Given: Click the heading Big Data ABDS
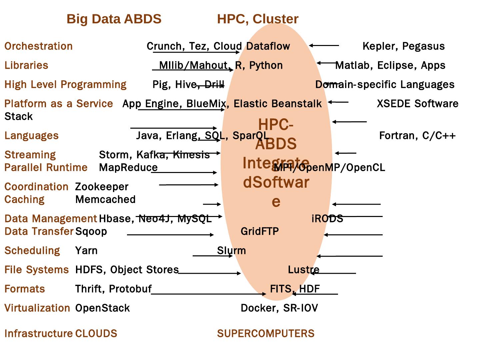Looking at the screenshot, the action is [x=114, y=19].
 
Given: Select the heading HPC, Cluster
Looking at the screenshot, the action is [x=258, y=19].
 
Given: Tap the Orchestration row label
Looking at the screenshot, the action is [x=39, y=46].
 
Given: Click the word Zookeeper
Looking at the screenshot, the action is [x=102, y=187].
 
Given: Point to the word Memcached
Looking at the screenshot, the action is [x=105, y=199].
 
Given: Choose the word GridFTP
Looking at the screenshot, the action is [x=260, y=231].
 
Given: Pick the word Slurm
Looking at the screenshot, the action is [x=231, y=250].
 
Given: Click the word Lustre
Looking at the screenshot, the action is [x=304, y=269].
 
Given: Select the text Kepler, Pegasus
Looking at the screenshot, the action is [x=403, y=46].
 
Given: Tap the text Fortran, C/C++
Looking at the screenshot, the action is [x=417, y=135].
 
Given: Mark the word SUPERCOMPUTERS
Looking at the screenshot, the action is [x=266, y=333].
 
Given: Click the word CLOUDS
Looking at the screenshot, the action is [x=96, y=333].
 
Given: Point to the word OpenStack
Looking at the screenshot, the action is [x=102, y=308].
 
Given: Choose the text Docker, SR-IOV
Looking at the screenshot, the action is [x=279, y=308].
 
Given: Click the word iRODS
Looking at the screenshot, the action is [x=327, y=218].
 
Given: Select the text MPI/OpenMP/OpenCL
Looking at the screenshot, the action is [x=329, y=167].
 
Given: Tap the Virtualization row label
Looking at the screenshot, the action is [x=37, y=308].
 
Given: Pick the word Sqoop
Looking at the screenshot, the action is [x=91, y=231].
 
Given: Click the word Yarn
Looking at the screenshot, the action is [x=86, y=250].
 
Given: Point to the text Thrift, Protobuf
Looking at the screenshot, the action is [x=113, y=289].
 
